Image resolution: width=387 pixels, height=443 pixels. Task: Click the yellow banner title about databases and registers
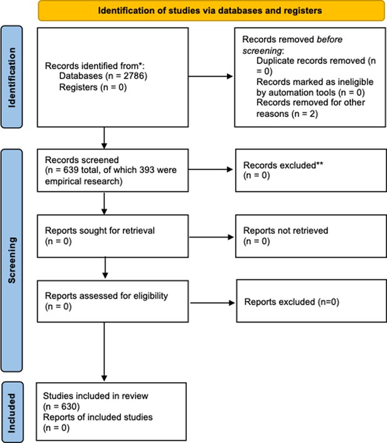pyautogui.click(x=210, y=11)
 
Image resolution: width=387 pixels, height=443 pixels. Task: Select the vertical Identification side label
pyautogui.click(x=11, y=77)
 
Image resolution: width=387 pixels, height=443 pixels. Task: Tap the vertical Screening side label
pyautogui.click(x=11, y=260)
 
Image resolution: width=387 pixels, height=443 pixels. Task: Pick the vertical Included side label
pyautogui.click(x=11, y=413)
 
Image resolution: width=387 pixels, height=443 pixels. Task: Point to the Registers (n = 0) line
pyautogui.click(x=93, y=87)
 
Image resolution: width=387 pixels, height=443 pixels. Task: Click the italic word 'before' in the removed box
pyautogui.click(x=329, y=40)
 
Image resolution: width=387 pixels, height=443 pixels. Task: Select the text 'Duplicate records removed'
pyautogui.click(x=310, y=61)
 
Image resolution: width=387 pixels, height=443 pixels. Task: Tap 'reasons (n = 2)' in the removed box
pyautogui.click(x=287, y=114)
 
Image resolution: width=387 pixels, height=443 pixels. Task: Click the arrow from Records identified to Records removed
pyautogui.click(x=211, y=76)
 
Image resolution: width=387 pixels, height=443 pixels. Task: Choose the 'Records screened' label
pyautogui.click(x=82, y=160)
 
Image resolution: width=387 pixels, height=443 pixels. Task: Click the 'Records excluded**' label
pyautogui.click(x=283, y=165)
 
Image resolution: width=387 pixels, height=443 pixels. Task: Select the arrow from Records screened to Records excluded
pyautogui.click(x=211, y=169)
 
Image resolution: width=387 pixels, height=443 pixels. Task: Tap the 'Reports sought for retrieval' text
pyautogui.click(x=100, y=230)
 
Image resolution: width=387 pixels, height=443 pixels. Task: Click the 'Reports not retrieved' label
pyautogui.click(x=285, y=230)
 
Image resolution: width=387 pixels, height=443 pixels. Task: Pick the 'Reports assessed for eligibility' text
pyautogui.click(x=106, y=296)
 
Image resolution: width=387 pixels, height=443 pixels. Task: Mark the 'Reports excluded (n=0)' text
pyautogui.click(x=292, y=302)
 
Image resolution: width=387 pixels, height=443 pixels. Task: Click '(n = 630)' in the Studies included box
pyautogui.click(x=61, y=407)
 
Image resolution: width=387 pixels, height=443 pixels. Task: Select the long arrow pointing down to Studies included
pyautogui.click(x=104, y=352)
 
